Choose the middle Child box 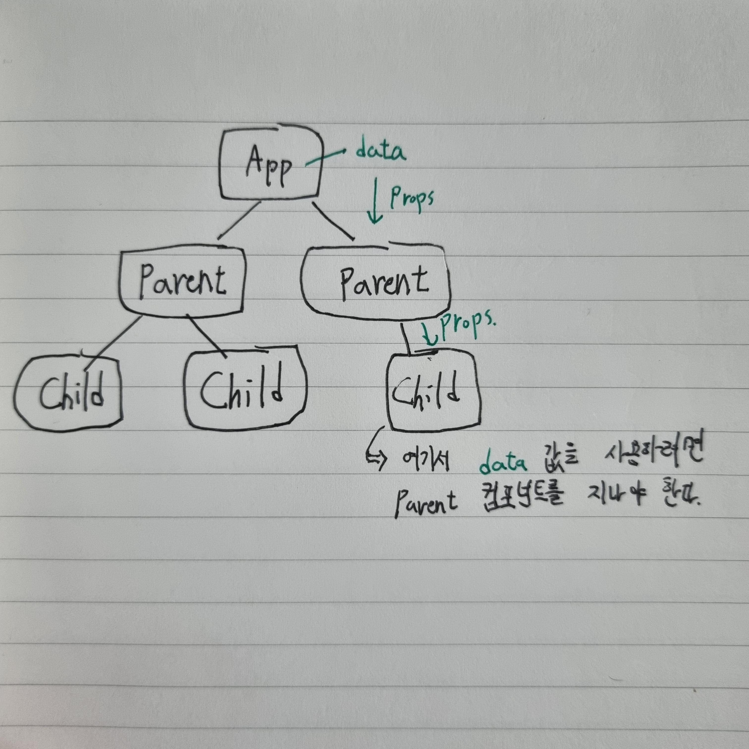click(x=244, y=388)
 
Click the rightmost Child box click(x=433, y=392)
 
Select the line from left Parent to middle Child click(x=206, y=335)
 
